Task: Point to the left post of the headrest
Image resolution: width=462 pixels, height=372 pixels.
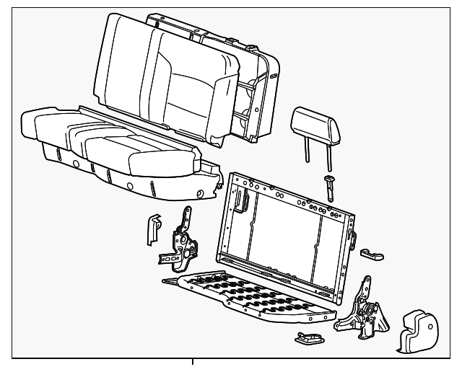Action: pos(307,151)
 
